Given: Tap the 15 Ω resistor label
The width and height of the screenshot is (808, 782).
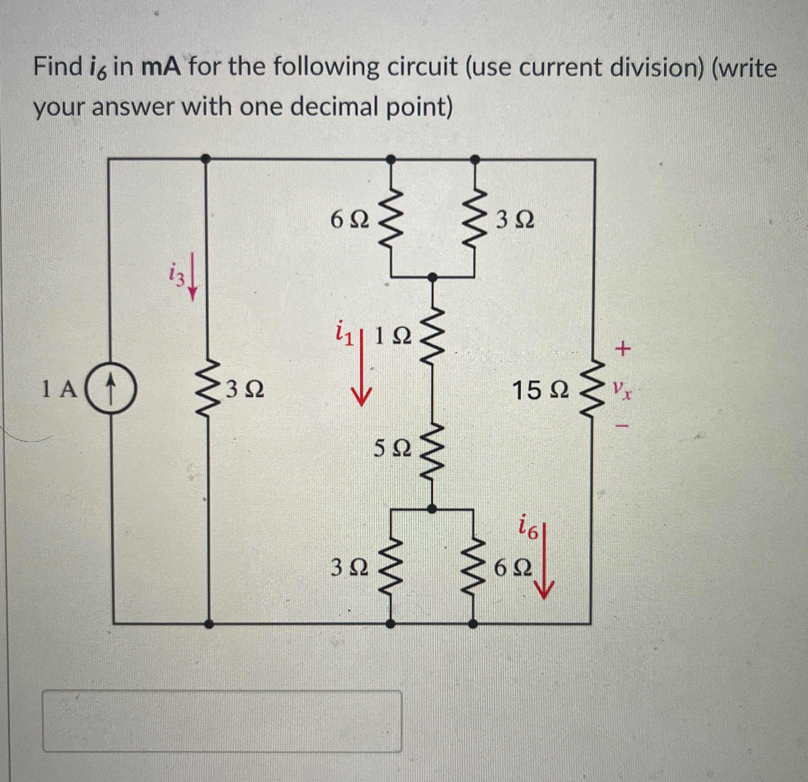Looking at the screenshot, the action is pyautogui.click(x=541, y=390).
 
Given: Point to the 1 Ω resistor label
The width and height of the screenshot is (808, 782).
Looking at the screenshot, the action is pyautogui.click(x=393, y=338).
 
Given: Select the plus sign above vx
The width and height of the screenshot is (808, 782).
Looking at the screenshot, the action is pyautogui.click(x=622, y=350).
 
